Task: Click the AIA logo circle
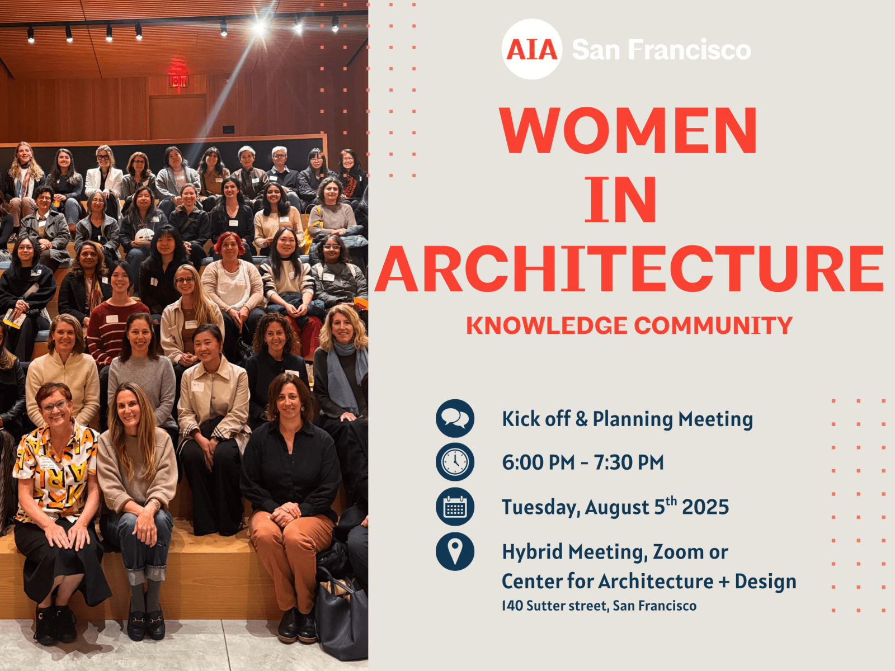point(532,49)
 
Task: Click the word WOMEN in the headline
point(628,130)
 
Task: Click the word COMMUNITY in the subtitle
point(713,325)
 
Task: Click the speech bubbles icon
point(455,418)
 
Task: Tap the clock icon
point(455,462)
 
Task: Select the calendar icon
point(455,507)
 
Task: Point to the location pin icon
point(455,552)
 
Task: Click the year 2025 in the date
point(705,507)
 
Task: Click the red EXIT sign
point(178,81)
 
